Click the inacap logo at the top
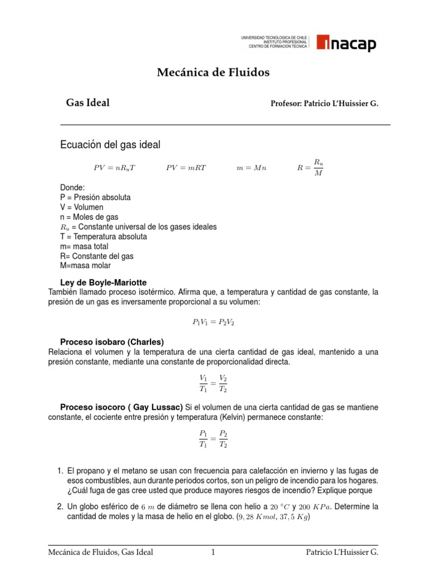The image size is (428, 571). [x=346, y=43]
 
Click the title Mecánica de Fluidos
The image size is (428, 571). [x=213, y=72]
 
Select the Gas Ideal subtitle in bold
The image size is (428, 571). [x=87, y=103]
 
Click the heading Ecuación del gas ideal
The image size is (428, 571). [x=110, y=145]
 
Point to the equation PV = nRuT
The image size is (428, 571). [x=114, y=168]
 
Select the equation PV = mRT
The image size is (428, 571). [x=186, y=168]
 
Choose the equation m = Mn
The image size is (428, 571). [x=251, y=168]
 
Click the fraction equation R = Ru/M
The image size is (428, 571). [x=311, y=167]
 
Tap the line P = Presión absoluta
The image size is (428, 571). [x=95, y=197]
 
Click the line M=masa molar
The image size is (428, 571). [x=85, y=266]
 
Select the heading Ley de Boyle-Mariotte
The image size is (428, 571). [x=103, y=283]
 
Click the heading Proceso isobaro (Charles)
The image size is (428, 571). [x=111, y=342]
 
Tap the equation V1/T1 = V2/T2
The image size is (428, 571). [x=213, y=384]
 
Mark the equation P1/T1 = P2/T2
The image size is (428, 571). [x=213, y=439]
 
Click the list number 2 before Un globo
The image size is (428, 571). [x=60, y=507]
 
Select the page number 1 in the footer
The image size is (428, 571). [x=213, y=553]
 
